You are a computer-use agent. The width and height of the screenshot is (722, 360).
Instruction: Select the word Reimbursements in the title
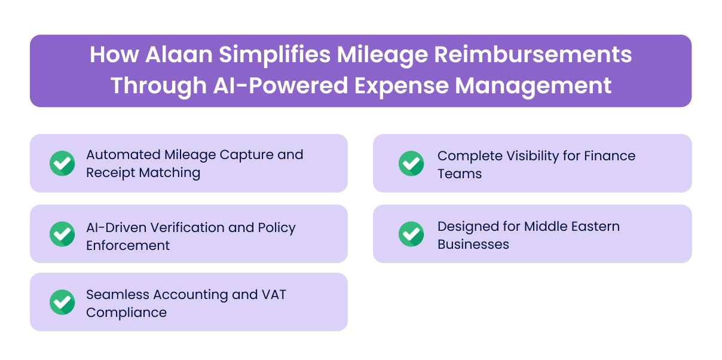click(x=533, y=55)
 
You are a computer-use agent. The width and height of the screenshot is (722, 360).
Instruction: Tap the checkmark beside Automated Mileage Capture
click(x=62, y=163)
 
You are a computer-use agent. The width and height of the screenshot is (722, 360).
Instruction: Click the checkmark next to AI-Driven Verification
click(x=62, y=234)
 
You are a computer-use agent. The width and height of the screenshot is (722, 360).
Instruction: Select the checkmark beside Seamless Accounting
click(x=62, y=302)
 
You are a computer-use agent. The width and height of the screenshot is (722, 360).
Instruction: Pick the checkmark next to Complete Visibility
click(x=411, y=163)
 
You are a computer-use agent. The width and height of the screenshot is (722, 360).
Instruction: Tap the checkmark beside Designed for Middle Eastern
click(x=411, y=234)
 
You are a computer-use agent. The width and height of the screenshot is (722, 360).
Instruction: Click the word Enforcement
click(x=128, y=246)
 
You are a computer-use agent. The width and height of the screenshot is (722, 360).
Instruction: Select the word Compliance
click(x=126, y=313)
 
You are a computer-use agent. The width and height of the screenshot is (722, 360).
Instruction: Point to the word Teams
click(x=459, y=174)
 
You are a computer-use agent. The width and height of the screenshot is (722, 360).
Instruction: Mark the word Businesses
click(x=473, y=245)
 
